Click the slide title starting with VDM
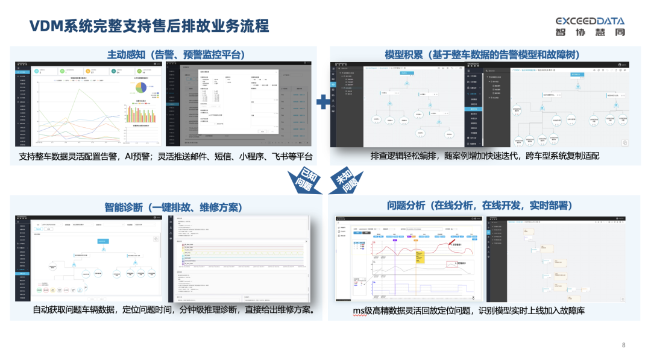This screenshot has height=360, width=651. [x=149, y=26]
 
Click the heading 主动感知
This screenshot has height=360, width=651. [x=175, y=55]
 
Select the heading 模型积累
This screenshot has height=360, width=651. [x=482, y=55]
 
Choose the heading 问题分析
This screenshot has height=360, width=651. [x=479, y=205]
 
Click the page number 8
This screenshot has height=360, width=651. [x=623, y=345]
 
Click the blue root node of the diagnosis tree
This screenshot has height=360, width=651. [x=102, y=241]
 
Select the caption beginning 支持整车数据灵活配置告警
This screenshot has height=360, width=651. [x=166, y=156]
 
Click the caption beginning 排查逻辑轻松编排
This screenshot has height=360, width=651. [x=485, y=156]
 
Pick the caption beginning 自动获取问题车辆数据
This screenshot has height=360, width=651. [x=174, y=311]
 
